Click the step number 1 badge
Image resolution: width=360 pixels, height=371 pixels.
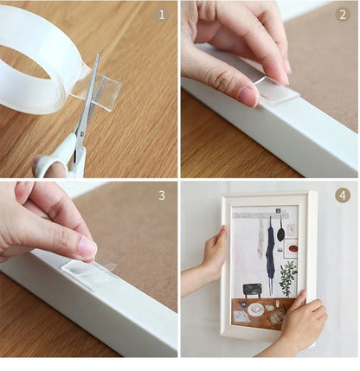click(x=161, y=15)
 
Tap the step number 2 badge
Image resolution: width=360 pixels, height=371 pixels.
click(x=343, y=15)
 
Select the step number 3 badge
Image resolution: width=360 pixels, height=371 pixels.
click(x=161, y=195)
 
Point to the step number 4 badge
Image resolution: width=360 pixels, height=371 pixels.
click(x=343, y=195)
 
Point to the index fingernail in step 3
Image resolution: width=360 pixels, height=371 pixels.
click(x=87, y=248)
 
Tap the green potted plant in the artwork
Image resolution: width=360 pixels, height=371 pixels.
click(x=287, y=278)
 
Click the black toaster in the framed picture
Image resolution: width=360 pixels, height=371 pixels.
click(x=253, y=290)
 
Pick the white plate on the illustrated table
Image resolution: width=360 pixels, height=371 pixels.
click(x=256, y=309)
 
